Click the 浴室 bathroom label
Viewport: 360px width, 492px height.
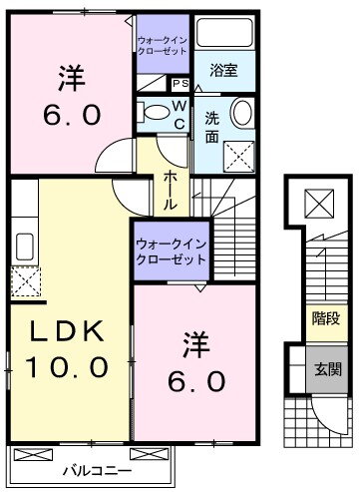[x=223, y=71]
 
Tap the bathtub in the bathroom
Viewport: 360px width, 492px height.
[x=224, y=32]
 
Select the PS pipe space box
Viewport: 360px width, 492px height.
[x=180, y=84]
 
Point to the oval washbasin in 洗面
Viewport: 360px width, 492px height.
[x=241, y=112]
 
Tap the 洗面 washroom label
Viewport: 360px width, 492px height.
[x=212, y=128]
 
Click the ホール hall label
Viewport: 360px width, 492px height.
[x=171, y=190]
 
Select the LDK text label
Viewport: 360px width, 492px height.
[x=67, y=331]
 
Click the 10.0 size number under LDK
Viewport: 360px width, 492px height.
[x=67, y=366]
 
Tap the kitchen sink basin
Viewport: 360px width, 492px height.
[x=25, y=246]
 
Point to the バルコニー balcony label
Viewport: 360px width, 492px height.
[x=98, y=471]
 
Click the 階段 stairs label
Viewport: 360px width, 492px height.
[x=326, y=318]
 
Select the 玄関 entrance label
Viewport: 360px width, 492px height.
[x=328, y=369]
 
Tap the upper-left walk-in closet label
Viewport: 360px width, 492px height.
[x=163, y=46]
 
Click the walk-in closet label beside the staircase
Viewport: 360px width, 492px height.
[x=172, y=252]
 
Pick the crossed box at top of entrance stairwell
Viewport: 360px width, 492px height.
[x=319, y=204]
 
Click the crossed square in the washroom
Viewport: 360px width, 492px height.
[x=238, y=157]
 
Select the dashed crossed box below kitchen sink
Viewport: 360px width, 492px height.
[x=26, y=281]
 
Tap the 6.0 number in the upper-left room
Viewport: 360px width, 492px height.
[x=72, y=115]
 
